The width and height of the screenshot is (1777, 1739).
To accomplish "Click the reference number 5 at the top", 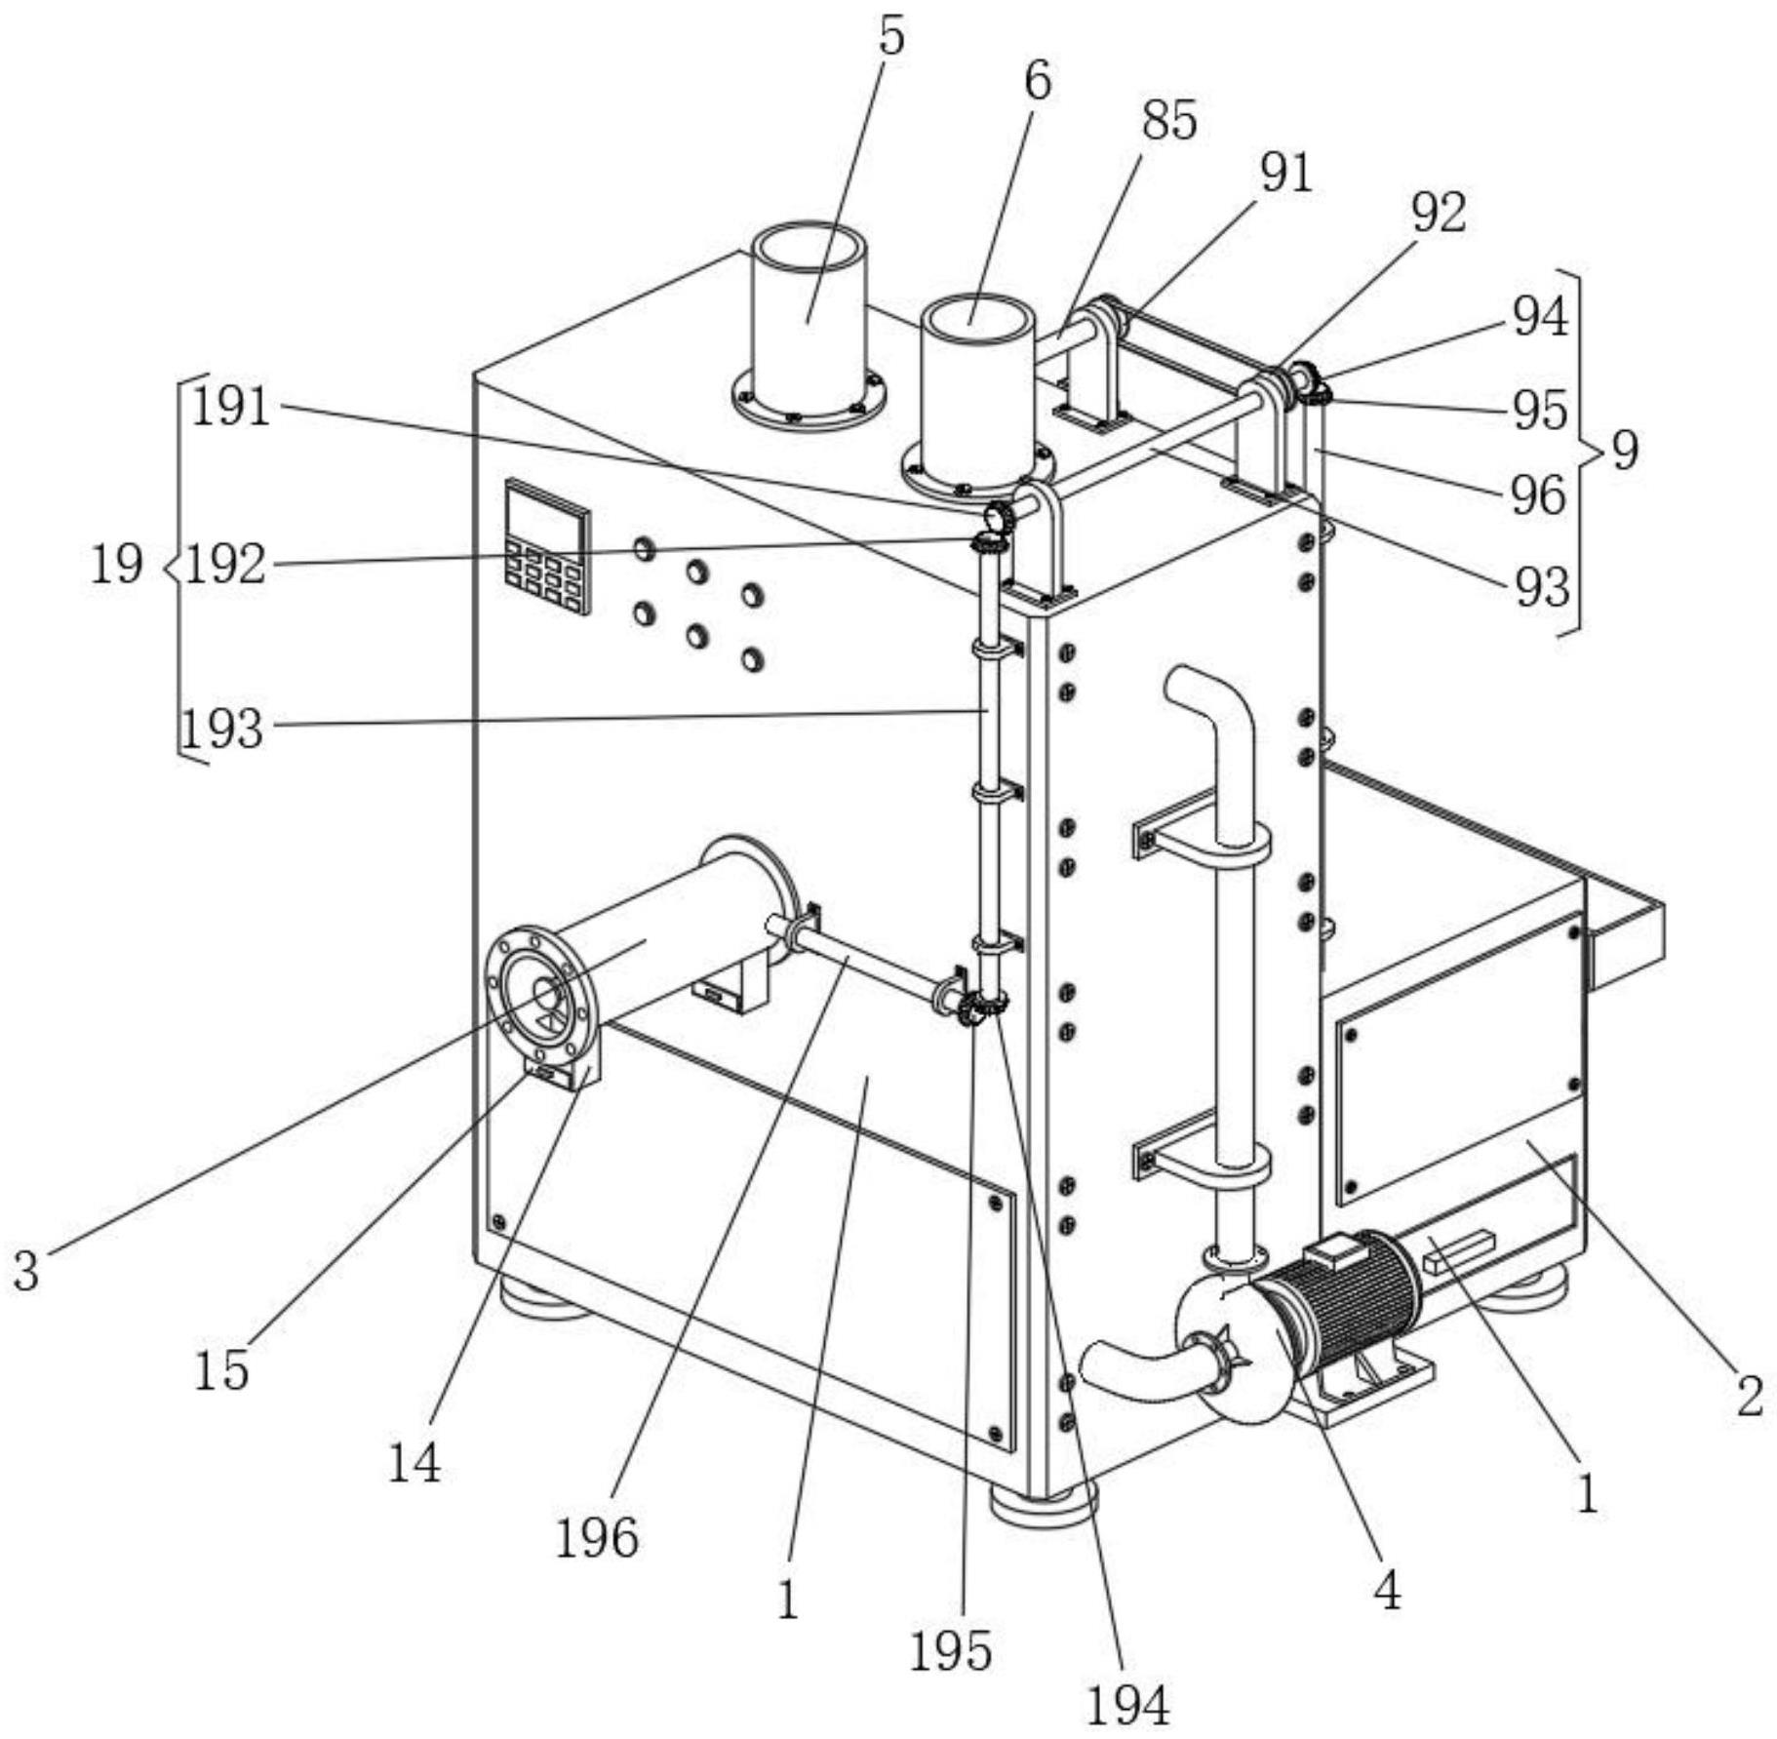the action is [891, 36].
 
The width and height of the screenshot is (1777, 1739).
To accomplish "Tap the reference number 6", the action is [1038, 81].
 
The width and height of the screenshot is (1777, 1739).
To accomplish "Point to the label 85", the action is [1169, 121].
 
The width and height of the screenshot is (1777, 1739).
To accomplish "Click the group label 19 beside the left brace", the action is [117, 564].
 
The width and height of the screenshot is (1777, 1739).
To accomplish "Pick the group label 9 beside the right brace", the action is [1624, 451].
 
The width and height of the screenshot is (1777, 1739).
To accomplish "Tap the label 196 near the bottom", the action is [597, 1538].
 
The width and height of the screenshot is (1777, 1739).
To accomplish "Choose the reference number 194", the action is [1127, 1705].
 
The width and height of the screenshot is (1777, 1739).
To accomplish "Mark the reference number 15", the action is [221, 1370].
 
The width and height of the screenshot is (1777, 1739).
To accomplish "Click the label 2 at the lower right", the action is [1750, 1397].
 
